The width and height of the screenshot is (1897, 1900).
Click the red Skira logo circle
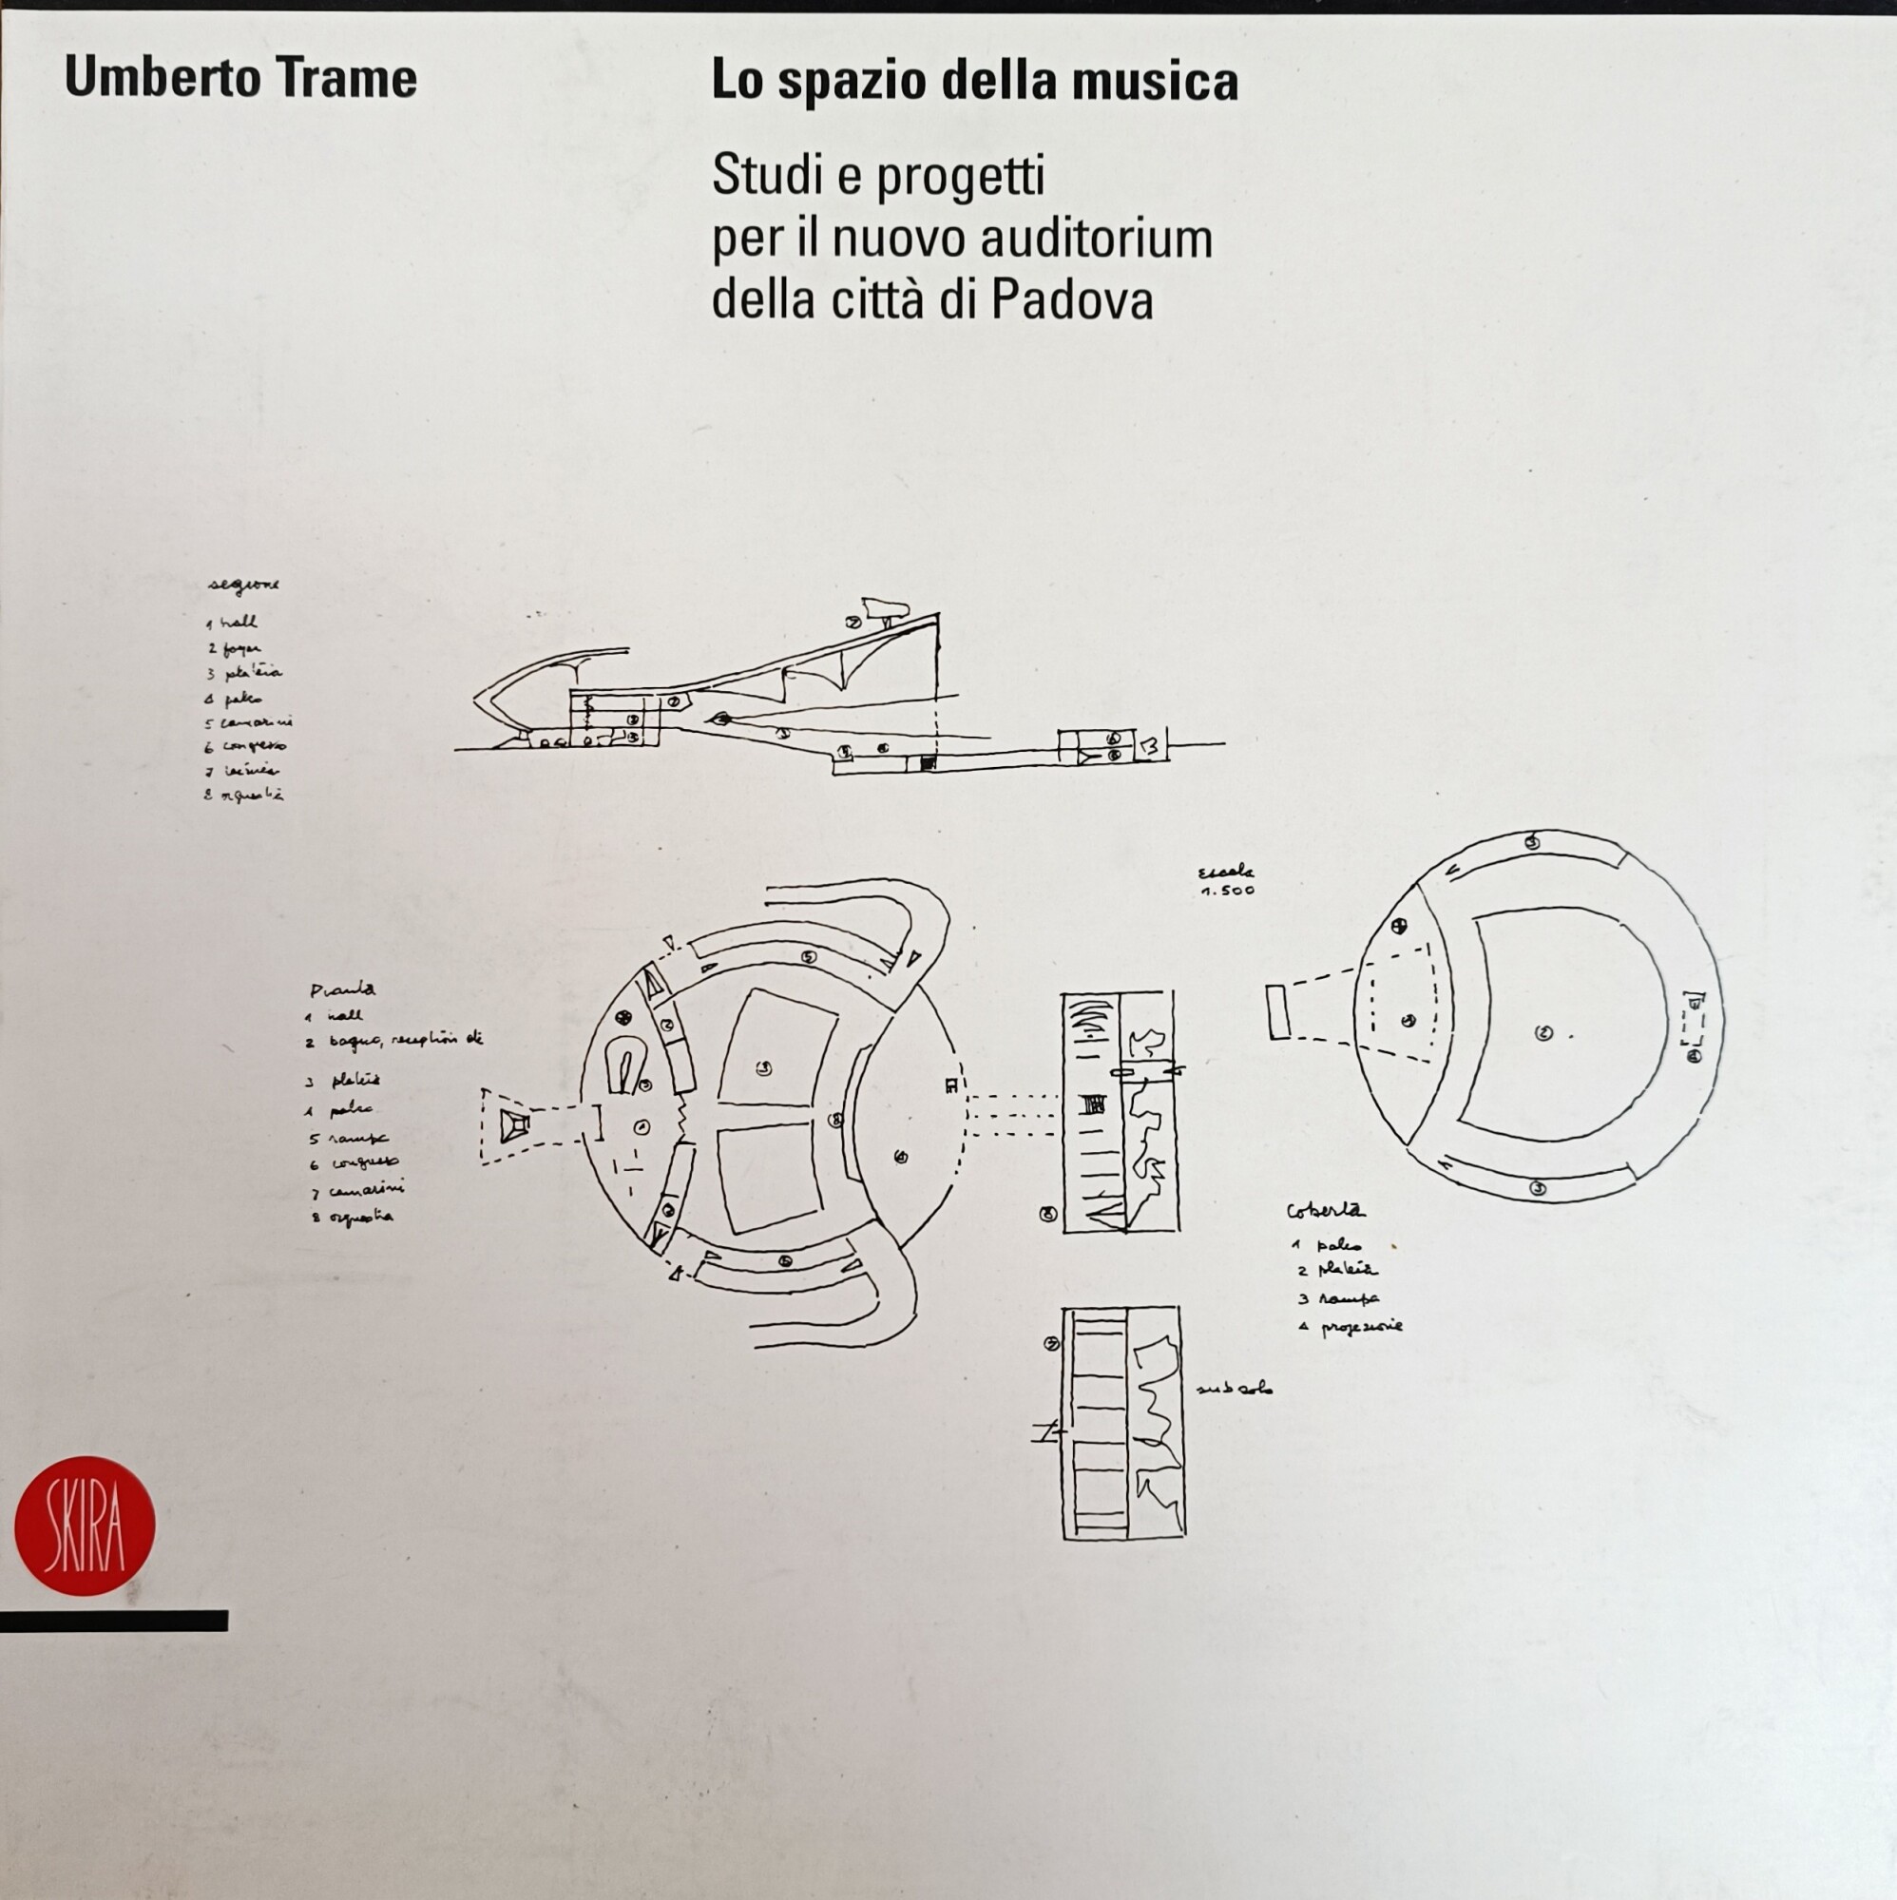click(85, 1526)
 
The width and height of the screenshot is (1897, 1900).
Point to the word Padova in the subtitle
click(1072, 300)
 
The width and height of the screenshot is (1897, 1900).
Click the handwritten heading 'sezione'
click(243, 585)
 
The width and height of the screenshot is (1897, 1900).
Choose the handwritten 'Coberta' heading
click(1325, 1212)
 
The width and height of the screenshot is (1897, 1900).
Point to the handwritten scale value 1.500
click(1228, 891)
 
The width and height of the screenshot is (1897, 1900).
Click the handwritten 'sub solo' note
click(1235, 1389)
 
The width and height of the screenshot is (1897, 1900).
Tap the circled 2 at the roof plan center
click(1543, 1032)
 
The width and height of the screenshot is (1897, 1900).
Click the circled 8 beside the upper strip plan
click(1048, 1215)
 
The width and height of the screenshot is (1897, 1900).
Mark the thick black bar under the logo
click(114, 1621)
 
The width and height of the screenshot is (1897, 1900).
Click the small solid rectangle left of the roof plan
click(1278, 1012)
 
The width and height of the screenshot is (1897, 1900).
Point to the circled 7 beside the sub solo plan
click(1052, 1343)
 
